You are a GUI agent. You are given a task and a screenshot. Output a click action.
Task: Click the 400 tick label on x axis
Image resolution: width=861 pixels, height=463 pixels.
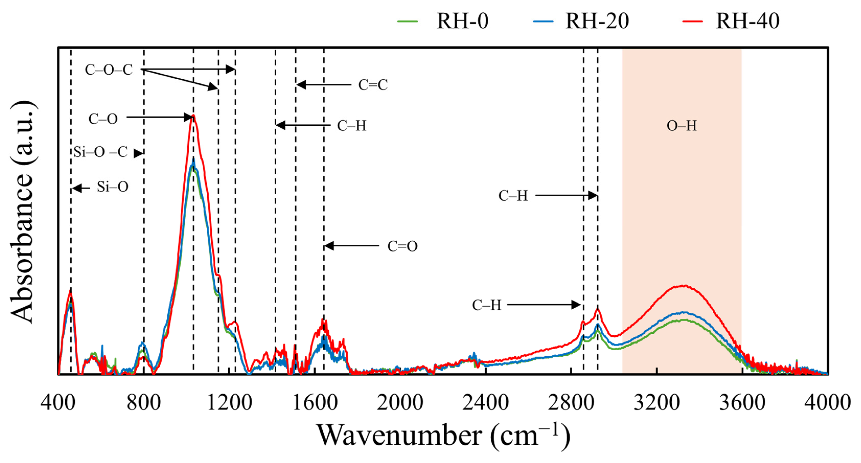58,402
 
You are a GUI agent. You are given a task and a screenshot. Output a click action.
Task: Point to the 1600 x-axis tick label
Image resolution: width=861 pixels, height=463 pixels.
315,402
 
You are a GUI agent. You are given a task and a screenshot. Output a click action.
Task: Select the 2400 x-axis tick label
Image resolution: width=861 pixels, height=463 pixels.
485,402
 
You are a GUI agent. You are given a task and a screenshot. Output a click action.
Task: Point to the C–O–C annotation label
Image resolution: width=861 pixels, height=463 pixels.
109,70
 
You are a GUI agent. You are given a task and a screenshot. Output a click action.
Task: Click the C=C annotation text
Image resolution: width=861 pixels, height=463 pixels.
373,85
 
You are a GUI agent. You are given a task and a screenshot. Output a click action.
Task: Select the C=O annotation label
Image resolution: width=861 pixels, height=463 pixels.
403,246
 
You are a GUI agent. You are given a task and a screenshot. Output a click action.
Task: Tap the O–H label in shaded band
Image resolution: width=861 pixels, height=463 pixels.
681,126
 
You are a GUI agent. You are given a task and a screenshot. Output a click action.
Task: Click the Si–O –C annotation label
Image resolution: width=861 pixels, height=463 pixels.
100,152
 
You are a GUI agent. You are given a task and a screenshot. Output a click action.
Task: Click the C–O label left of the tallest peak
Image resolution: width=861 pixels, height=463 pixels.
103,119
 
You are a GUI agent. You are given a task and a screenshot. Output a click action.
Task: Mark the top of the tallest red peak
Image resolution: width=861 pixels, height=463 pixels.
193,116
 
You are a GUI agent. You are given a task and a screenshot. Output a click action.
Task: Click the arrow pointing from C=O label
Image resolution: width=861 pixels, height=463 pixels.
351,246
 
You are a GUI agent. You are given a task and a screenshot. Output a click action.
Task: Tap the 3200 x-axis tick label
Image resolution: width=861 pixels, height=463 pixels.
657,402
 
